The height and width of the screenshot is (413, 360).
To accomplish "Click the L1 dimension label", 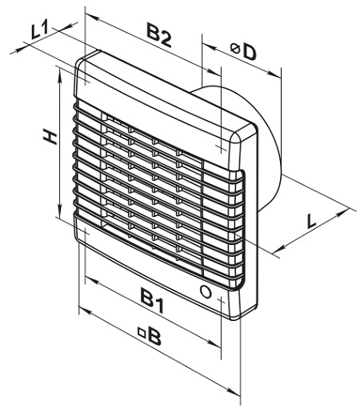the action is [39, 30].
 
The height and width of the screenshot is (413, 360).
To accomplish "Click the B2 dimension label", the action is [159, 35].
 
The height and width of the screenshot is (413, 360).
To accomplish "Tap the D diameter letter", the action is [250, 53].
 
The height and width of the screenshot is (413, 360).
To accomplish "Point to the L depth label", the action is [310, 220].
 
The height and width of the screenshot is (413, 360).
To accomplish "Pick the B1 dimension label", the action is [152, 301].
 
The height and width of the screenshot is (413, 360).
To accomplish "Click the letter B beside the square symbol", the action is [154, 337].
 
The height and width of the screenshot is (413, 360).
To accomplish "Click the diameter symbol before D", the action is [235, 49].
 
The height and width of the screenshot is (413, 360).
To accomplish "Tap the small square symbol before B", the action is [142, 333].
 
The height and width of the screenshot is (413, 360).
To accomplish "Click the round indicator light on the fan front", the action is [206, 291].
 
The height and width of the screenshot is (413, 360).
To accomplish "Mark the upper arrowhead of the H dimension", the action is [60, 74].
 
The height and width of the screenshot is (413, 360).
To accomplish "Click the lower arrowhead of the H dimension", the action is [60, 211].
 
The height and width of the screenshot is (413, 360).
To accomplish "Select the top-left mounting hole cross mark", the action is [86, 82].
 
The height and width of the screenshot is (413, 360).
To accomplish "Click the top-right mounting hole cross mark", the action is [221, 146].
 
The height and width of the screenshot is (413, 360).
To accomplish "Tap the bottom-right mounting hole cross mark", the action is [221, 301].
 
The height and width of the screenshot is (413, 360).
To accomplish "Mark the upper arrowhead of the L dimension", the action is [343, 213].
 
